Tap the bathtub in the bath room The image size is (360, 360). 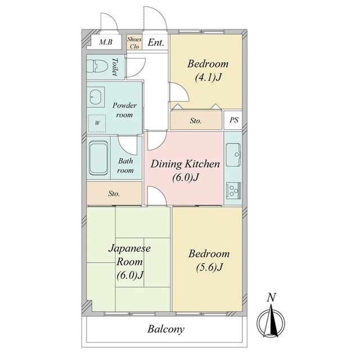(98, 157)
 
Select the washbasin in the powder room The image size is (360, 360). (96, 97)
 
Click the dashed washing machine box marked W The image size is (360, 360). (97, 123)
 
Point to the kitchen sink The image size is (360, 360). (233, 155)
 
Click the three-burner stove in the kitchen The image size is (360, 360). (233, 191)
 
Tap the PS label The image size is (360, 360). (234, 120)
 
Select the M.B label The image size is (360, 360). (106, 42)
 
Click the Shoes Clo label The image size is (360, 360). (134, 43)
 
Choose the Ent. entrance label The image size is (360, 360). (156, 43)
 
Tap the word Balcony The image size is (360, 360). (166, 329)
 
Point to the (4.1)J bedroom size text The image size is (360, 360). (208, 78)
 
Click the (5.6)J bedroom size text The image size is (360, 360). (209, 267)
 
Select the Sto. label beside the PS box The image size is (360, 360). (196, 120)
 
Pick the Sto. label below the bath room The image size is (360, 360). (114, 193)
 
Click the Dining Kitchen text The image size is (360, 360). (185, 164)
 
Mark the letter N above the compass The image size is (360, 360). (271, 298)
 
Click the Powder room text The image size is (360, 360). (124, 110)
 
